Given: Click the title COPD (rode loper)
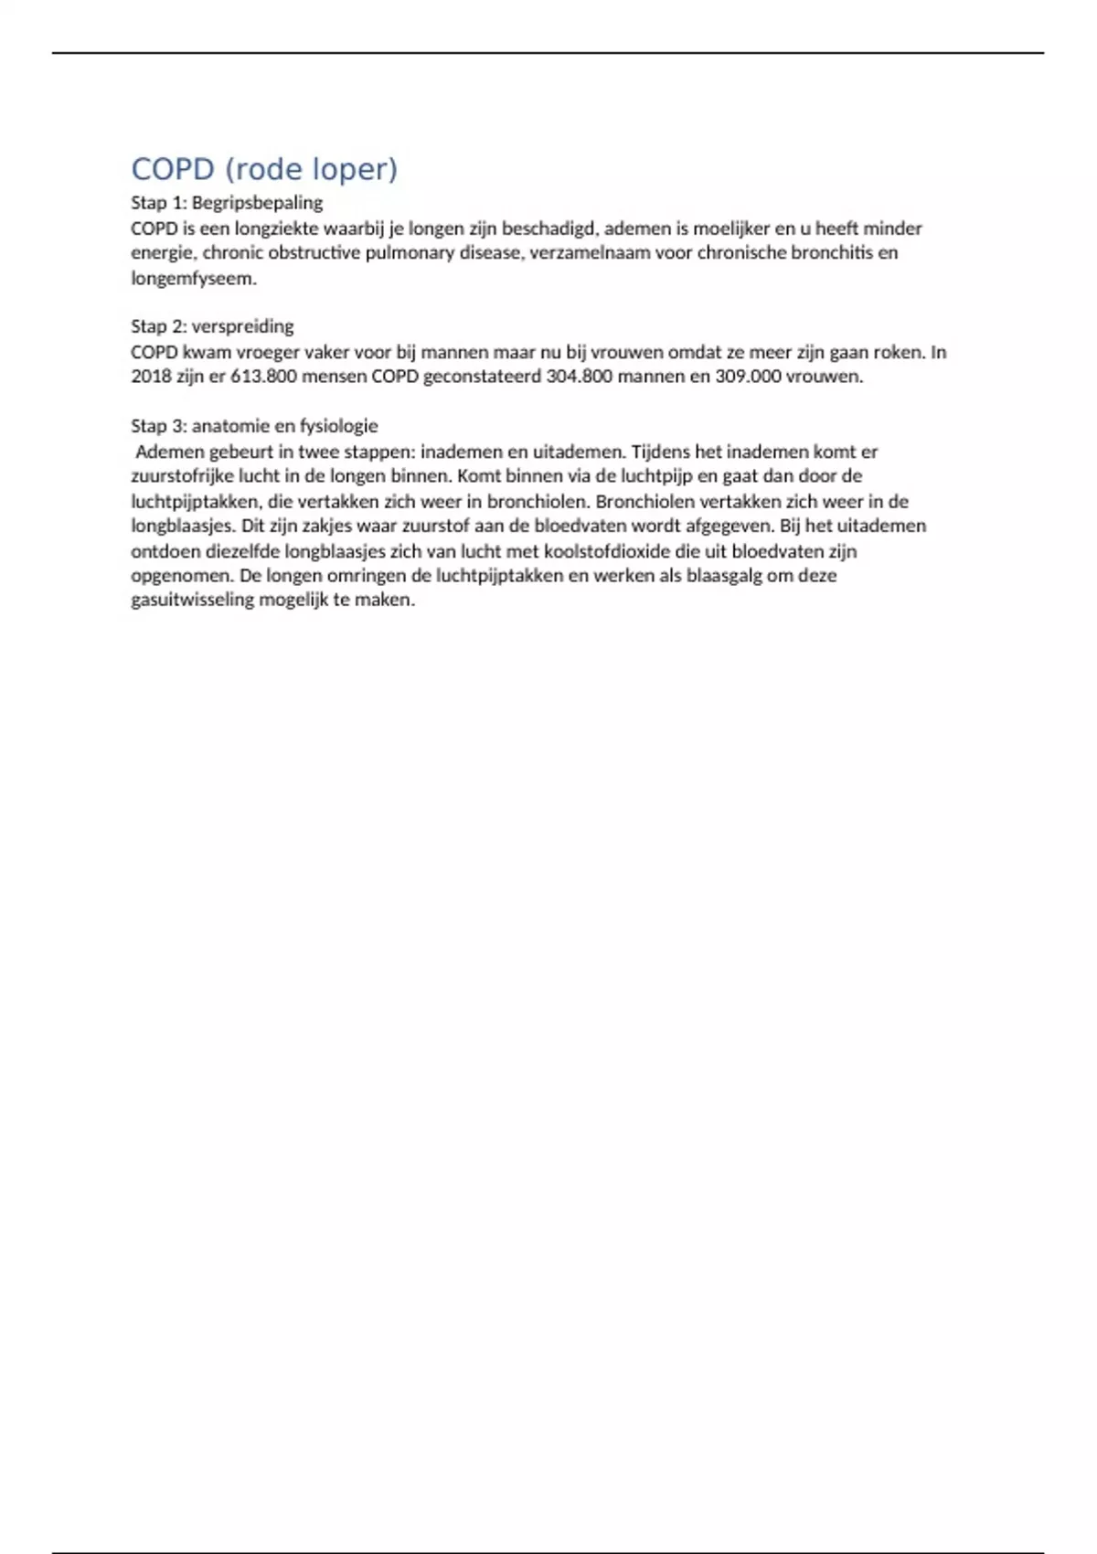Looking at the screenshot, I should point(264,170).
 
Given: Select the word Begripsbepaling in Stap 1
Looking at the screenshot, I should point(257,203).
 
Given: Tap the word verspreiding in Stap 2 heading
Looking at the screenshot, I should point(242,326).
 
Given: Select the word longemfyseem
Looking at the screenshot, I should point(192,279).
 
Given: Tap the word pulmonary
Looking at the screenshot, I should point(415,253).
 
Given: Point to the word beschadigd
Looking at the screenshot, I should point(548,229).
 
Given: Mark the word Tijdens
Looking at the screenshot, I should point(661,452).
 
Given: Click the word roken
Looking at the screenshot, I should point(898,352).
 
